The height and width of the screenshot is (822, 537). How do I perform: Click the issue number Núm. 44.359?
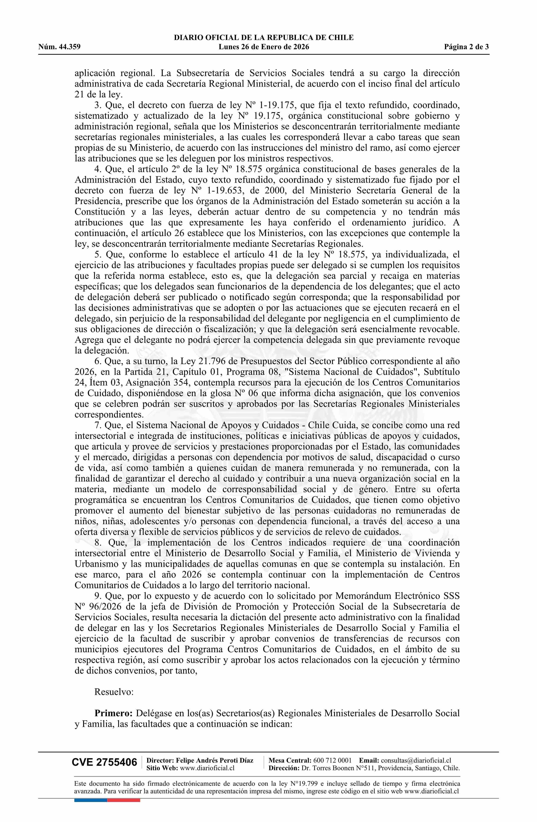[x=59, y=47]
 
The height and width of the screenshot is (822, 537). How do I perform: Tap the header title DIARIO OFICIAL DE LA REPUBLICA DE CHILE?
[x=264, y=38]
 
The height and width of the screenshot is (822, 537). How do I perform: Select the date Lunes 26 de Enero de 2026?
[x=264, y=47]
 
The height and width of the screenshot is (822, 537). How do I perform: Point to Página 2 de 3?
[x=466, y=47]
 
